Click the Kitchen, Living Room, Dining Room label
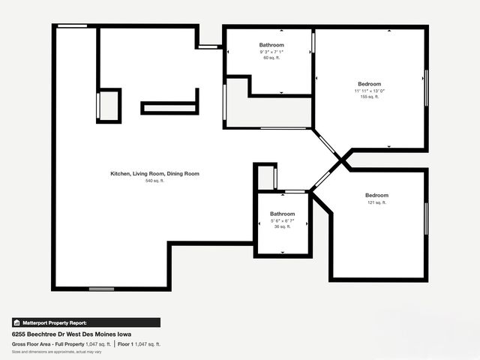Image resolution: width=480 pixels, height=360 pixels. (x=154, y=174)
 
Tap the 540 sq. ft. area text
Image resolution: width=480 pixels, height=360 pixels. (x=154, y=181)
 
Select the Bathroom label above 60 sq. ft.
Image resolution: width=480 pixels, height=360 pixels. (x=271, y=45)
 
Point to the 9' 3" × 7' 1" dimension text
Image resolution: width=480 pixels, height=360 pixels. (x=271, y=52)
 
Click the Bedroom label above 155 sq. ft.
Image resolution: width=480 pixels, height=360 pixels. (x=369, y=83)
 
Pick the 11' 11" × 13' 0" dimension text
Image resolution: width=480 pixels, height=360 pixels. (x=369, y=91)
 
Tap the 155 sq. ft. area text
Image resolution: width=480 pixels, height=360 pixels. (x=369, y=97)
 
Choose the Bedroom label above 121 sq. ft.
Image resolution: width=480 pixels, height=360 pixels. (x=376, y=195)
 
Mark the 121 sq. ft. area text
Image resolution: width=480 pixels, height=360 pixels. (x=376, y=202)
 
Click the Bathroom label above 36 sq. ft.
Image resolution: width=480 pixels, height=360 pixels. (x=283, y=214)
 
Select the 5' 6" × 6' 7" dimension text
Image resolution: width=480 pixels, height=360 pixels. (x=283, y=220)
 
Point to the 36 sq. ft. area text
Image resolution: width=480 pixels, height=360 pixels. (x=283, y=227)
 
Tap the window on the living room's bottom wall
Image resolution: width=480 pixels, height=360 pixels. (x=101, y=289)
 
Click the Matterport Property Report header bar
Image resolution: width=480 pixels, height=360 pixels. (x=85, y=322)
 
